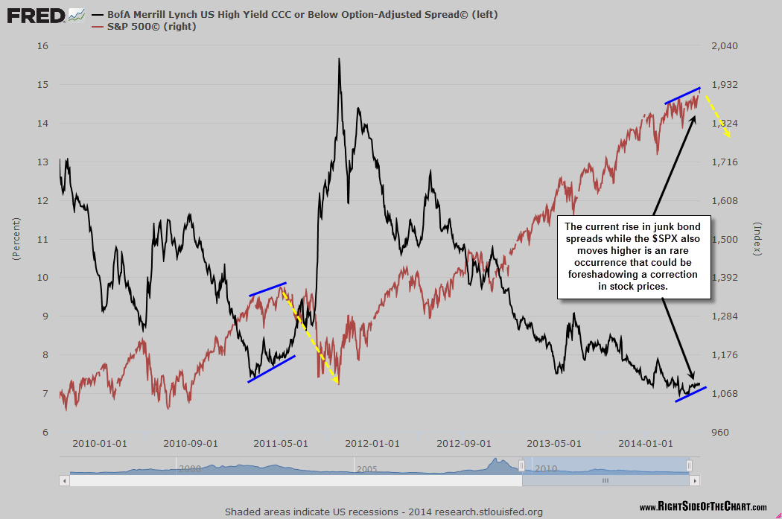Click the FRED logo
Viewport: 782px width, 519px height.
(x=35, y=15)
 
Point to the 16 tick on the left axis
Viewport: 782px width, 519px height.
(x=42, y=45)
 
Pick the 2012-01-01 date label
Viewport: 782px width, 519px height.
(x=372, y=442)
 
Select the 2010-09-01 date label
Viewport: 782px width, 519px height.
(x=191, y=442)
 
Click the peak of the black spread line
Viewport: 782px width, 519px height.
(x=339, y=60)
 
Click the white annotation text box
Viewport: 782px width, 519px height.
(x=633, y=255)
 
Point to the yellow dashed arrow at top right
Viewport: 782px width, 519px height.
(x=718, y=114)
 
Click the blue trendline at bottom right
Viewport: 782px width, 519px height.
(x=690, y=395)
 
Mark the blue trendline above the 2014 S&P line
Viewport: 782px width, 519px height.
(x=682, y=95)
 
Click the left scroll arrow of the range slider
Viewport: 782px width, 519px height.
(x=66, y=481)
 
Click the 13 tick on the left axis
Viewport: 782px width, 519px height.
(x=42, y=162)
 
